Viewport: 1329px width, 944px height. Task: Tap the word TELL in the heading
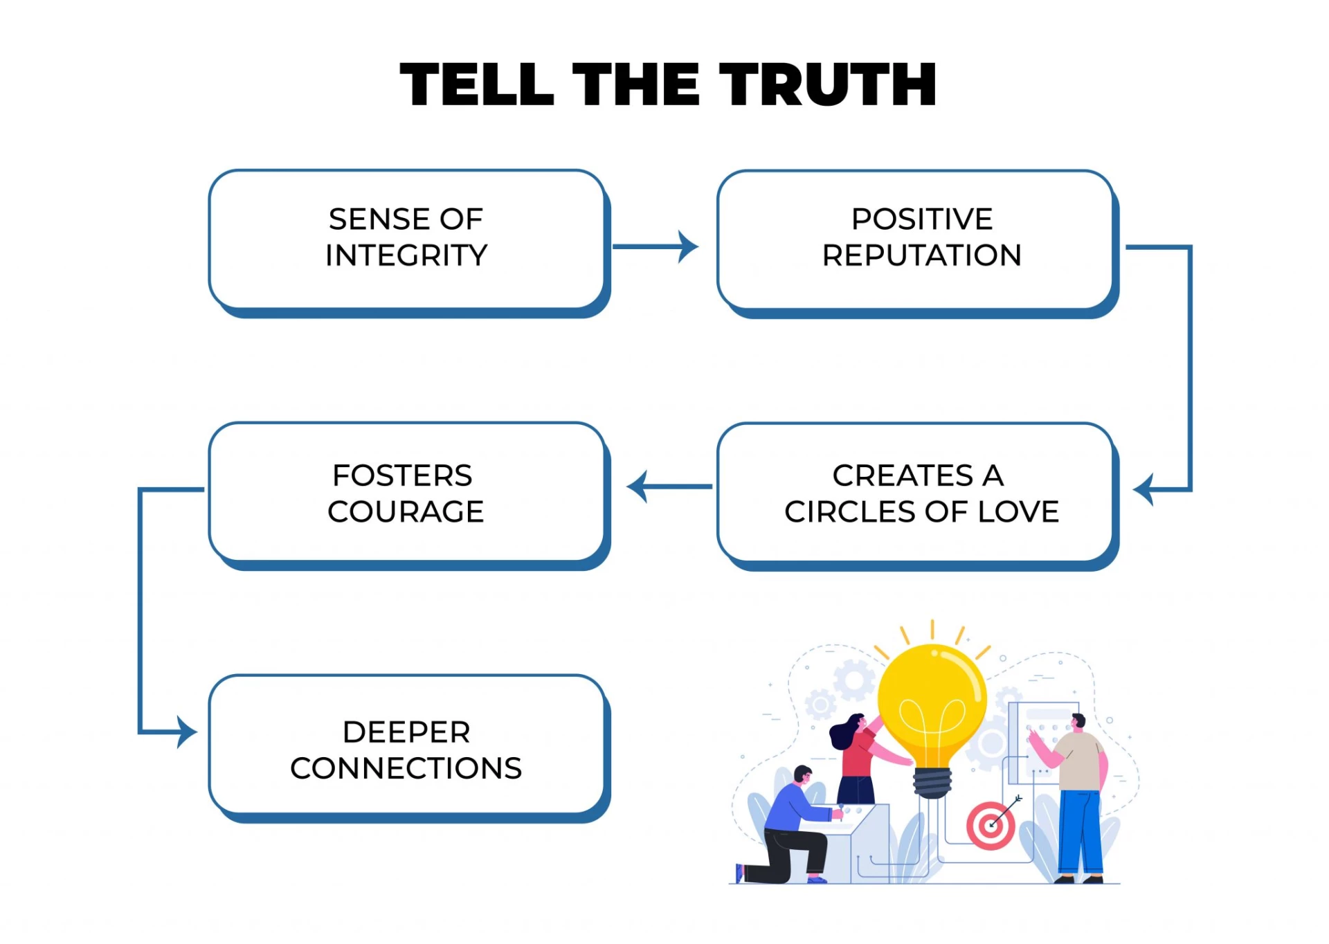(477, 84)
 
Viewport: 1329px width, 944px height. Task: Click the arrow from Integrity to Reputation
(654, 246)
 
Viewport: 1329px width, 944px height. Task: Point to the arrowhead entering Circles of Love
(1143, 489)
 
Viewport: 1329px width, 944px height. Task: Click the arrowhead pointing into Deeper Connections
(186, 732)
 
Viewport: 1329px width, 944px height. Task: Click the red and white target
(991, 826)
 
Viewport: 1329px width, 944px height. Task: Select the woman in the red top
(858, 758)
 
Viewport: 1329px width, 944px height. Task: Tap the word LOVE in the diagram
(1018, 511)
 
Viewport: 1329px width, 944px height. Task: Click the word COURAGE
(406, 511)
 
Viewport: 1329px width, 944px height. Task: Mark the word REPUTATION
(921, 255)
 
